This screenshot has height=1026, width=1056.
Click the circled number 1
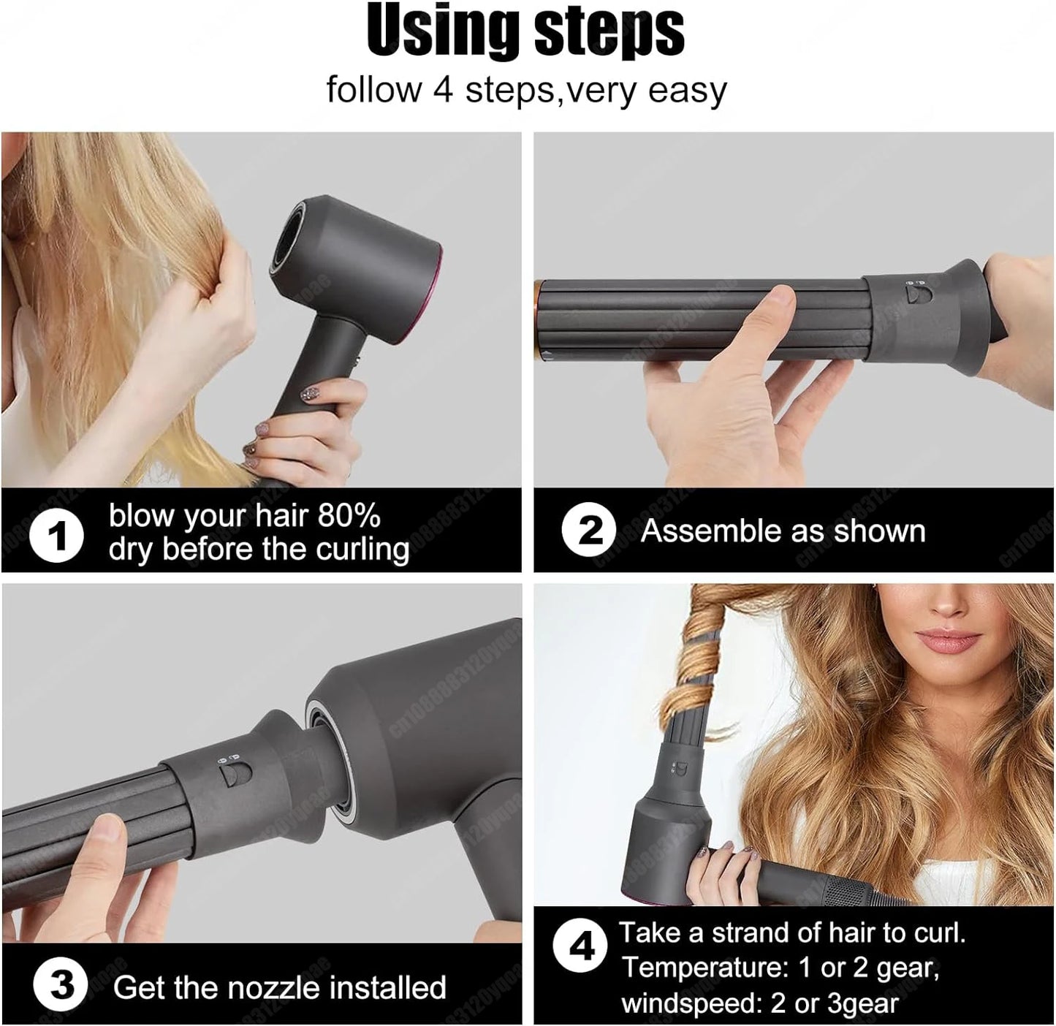coord(57,536)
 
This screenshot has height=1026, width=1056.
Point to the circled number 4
coord(581,948)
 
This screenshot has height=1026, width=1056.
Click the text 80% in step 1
coord(349,516)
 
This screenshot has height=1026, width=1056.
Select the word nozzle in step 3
coord(276,988)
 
